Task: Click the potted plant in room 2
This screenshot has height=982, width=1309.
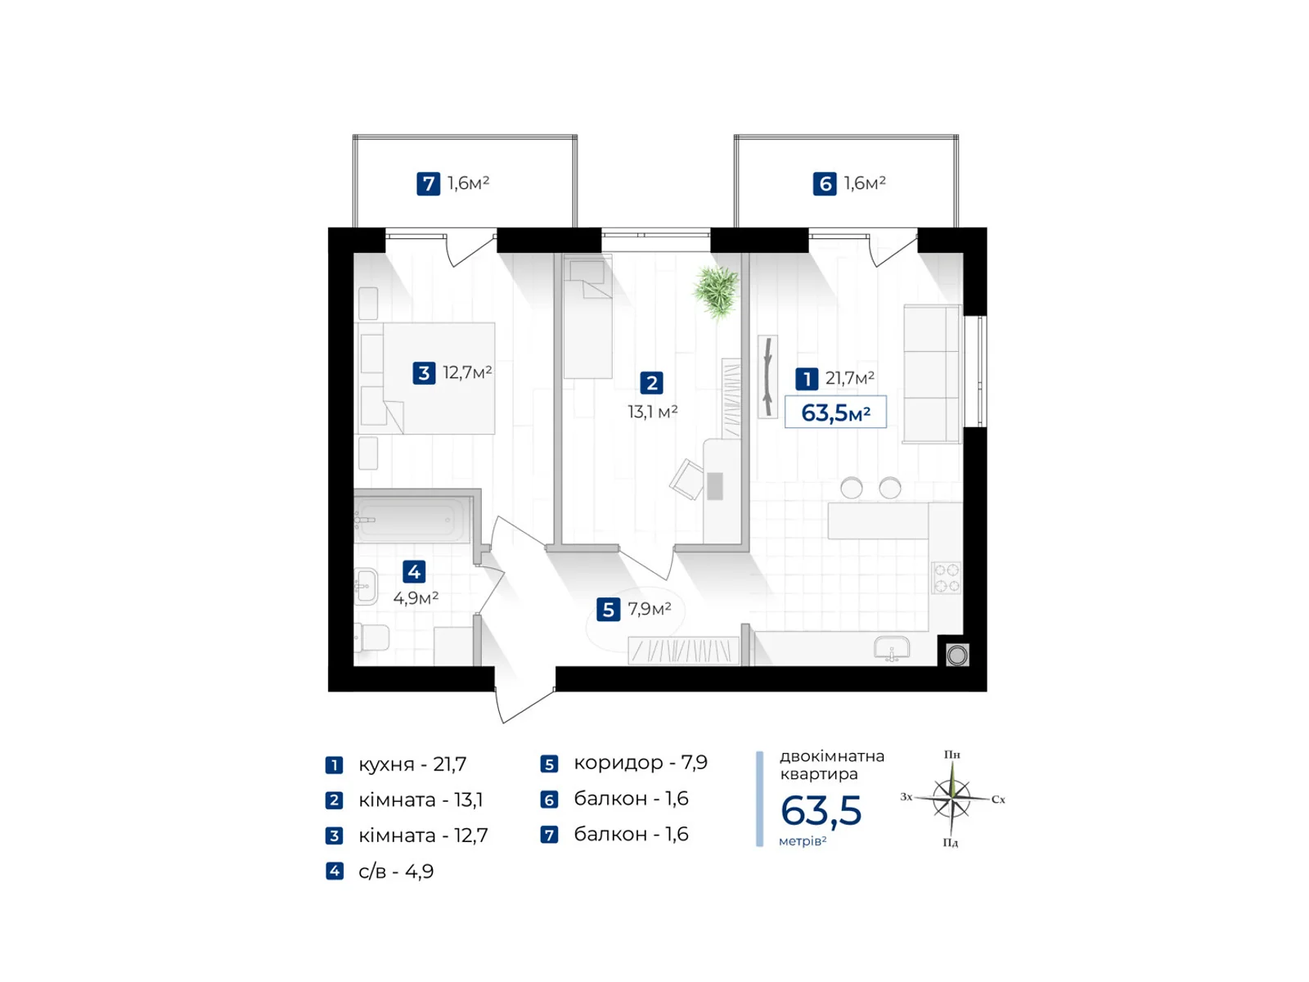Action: point(716,291)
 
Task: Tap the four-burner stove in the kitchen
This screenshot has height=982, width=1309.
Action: point(946,578)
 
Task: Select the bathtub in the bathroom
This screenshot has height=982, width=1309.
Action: point(412,520)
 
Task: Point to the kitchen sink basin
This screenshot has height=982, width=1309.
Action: point(892,648)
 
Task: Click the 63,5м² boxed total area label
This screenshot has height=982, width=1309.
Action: point(835,412)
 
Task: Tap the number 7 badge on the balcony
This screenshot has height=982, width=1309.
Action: point(428,183)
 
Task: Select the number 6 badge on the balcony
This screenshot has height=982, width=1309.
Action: point(824,183)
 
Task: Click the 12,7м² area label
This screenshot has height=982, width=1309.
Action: point(467,372)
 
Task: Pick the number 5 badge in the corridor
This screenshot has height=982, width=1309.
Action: point(608,610)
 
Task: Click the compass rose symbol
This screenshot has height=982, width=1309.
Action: point(951,798)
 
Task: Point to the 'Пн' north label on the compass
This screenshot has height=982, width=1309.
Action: point(951,755)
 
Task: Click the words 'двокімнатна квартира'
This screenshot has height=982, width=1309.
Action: point(831,765)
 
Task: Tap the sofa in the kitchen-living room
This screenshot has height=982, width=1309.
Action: point(932,374)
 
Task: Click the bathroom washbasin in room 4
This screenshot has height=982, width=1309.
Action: point(366,586)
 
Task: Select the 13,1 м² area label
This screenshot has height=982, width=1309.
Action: point(652,412)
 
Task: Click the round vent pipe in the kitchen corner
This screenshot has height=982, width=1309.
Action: point(956,655)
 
